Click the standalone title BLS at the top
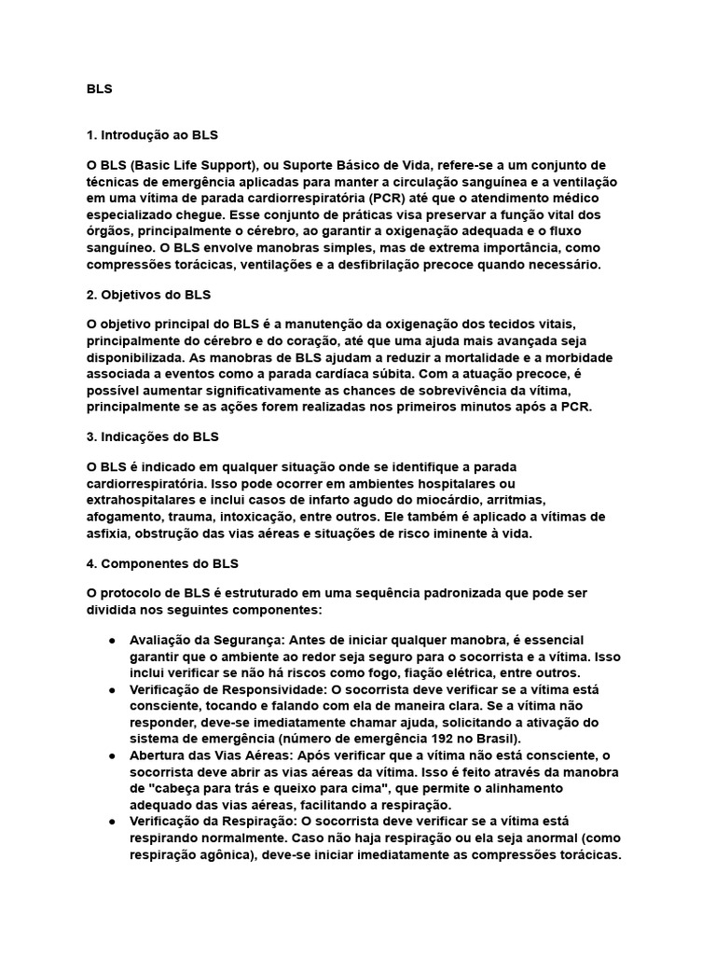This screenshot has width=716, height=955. (x=99, y=90)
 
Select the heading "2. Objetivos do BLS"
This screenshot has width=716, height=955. (x=149, y=295)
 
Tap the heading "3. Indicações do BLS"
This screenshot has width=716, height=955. (x=152, y=436)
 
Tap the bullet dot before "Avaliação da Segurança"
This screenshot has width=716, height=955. (x=112, y=641)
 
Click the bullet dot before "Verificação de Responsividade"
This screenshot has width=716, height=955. (x=112, y=689)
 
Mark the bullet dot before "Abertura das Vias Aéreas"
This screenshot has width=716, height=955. (x=112, y=754)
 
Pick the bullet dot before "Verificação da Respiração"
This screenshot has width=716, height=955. (x=112, y=820)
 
